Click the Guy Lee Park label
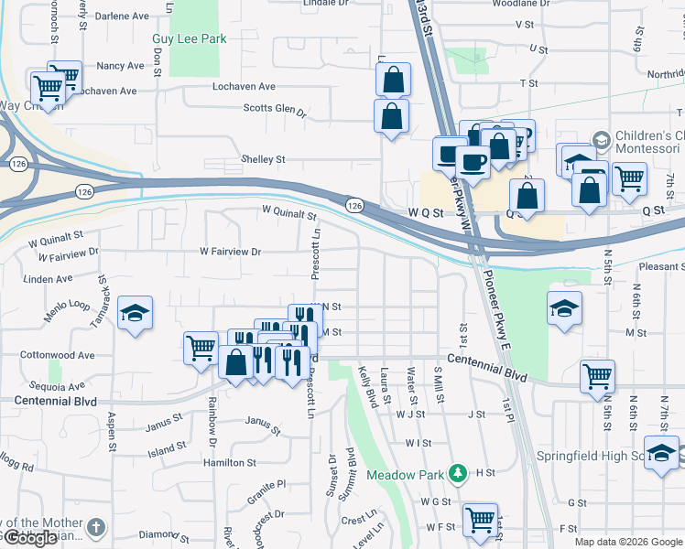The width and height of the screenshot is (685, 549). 190,39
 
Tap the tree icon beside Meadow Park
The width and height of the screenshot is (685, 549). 457,474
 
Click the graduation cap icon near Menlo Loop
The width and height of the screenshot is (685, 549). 135,314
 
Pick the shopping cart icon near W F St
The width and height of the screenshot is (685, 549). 480,520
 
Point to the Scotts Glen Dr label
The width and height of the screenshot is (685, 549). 274,110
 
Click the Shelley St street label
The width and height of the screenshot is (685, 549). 263,159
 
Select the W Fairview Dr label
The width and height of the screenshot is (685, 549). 231,252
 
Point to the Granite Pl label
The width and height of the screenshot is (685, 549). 266,483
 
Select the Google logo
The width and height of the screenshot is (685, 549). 30,537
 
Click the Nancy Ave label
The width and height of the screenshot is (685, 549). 120,66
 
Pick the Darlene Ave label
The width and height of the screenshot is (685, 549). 123,16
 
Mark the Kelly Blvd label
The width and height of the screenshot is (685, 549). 368,387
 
